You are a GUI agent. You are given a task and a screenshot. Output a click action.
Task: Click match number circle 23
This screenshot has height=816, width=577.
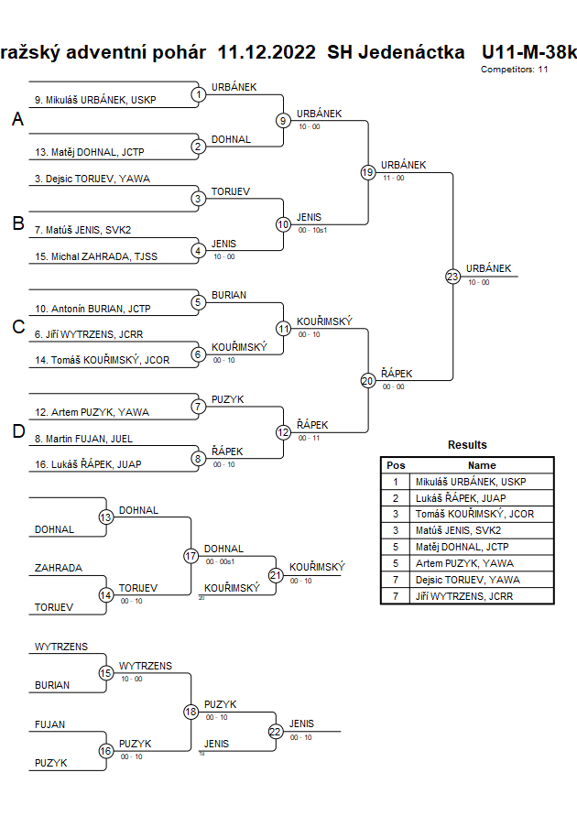point(452,276)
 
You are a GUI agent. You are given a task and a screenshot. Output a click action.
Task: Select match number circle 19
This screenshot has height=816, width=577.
point(367,172)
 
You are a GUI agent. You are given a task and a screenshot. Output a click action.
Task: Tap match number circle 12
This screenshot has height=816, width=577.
point(283,431)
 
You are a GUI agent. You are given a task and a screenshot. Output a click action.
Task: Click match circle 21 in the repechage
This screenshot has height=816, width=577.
point(275,575)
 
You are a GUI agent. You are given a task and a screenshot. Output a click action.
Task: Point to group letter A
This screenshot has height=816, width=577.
point(17,120)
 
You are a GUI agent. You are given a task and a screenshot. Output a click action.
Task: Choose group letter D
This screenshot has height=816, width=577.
point(17,432)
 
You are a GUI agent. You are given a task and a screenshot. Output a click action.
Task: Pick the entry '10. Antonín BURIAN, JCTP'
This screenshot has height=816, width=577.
point(93,309)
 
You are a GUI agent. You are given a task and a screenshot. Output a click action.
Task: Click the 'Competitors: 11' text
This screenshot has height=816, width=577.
point(514,69)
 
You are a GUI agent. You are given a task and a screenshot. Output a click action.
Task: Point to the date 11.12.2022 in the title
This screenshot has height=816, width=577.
point(267,51)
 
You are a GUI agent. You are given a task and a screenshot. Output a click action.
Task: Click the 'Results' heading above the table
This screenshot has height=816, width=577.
point(467,445)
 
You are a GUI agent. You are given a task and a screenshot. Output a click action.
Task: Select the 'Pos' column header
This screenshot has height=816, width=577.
point(396,465)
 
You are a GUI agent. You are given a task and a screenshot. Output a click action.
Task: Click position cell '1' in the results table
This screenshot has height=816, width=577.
point(396,481)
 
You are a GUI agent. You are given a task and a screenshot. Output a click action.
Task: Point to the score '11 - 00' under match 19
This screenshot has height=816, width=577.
point(393,178)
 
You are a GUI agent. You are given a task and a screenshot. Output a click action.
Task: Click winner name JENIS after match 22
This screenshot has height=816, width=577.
point(301,724)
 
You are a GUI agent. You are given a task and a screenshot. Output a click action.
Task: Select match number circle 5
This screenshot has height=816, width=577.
point(198,301)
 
